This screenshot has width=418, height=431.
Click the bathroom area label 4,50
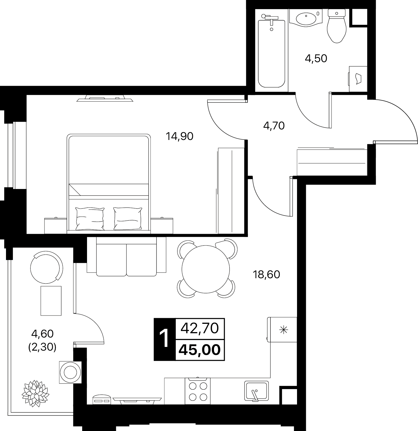click(x=316, y=58)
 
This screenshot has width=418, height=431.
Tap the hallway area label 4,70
click(x=274, y=125)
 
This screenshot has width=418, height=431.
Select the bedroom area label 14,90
click(x=179, y=136)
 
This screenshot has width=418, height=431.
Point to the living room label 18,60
click(x=266, y=275)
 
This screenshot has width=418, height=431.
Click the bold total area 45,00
click(x=200, y=350)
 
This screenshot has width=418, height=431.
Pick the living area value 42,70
click(x=200, y=328)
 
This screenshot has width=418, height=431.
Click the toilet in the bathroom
click(x=337, y=26)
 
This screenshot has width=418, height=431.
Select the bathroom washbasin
click(x=306, y=18)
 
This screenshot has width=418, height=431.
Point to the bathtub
click(x=271, y=51)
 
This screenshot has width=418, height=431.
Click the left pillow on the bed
click(x=90, y=218)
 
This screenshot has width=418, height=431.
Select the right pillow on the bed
click(x=128, y=218)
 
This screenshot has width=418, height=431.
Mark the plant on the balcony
click(x=35, y=393)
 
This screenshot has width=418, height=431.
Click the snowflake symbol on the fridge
click(x=284, y=330)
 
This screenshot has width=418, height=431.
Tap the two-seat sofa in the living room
click(x=126, y=256)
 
